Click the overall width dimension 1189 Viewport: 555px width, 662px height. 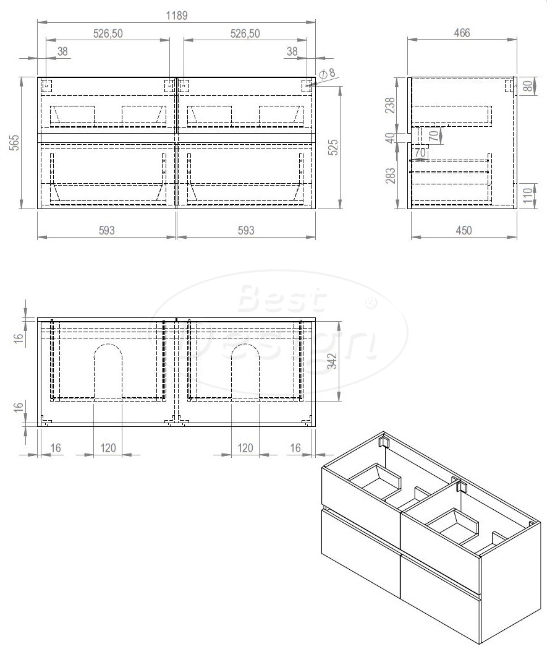(x=176, y=15)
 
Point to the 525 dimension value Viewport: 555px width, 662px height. (x=350, y=147)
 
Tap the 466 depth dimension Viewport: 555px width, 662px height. (x=462, y=33)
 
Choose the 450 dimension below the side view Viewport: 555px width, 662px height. (x=463, y=230)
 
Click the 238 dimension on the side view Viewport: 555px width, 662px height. (x=390, y=106)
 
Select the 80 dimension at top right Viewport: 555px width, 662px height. (x=528, y=85)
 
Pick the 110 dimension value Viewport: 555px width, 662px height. (x=528, y=197)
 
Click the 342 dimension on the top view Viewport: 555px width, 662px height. (x=332, y=361)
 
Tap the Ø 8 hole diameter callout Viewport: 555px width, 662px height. (x=328, y=73)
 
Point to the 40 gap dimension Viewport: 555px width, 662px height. (x=390, y=137)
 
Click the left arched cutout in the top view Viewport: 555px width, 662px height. (x=108, y=371)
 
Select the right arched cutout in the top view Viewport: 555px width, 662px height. (x=245, y=371)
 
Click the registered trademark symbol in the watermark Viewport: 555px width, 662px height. (x=371, y=304)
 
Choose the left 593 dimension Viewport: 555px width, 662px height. (x=106, y=230)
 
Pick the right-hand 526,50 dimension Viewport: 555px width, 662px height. (x=245, y=34)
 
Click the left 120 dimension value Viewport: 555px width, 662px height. (x=108, y=448)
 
